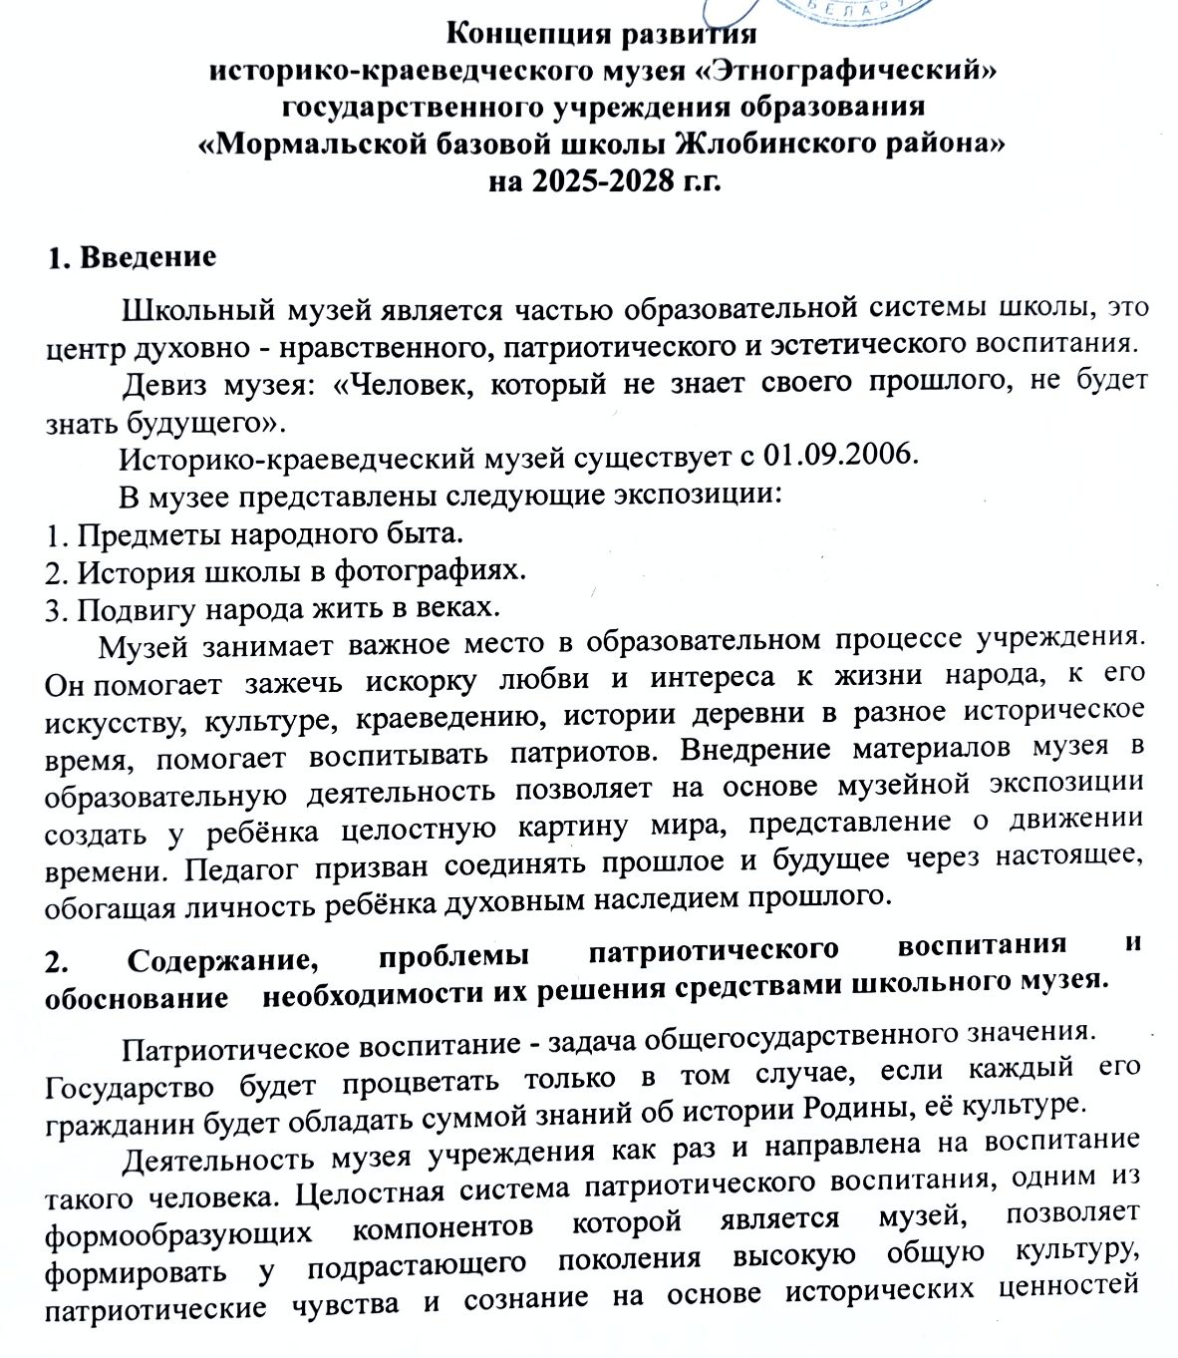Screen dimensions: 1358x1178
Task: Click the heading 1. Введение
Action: coord(132,257)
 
